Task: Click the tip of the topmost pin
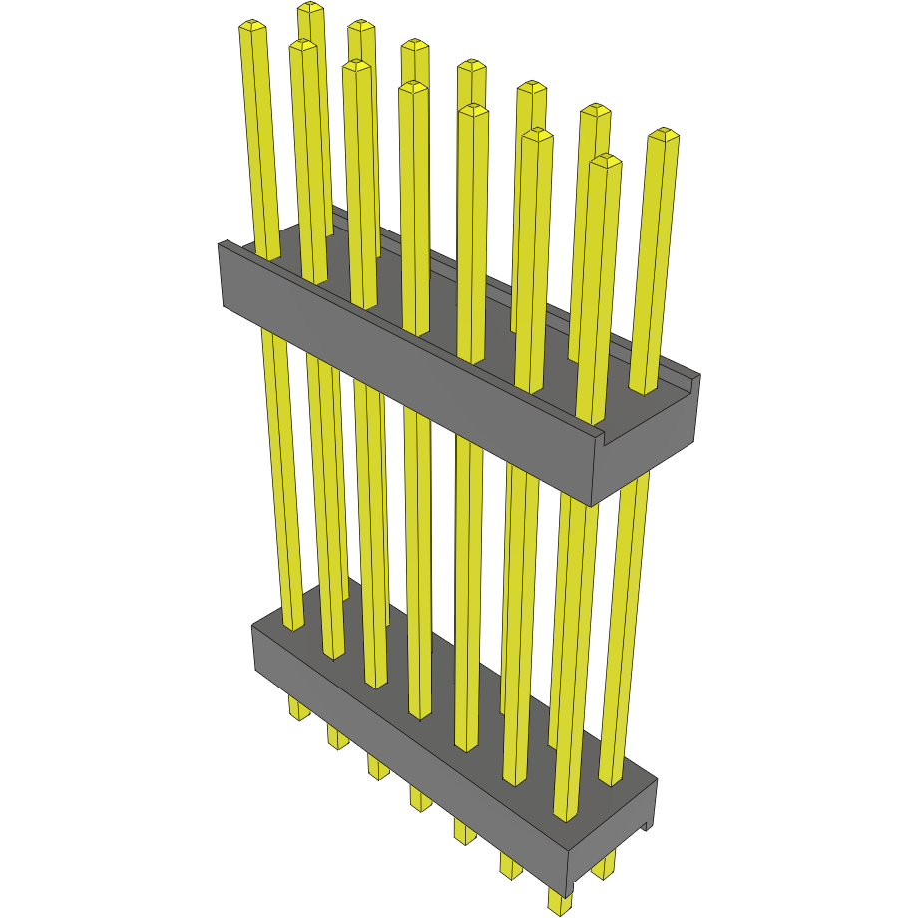click(x=310, y=9)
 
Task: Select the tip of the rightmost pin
click(x=664, y=134)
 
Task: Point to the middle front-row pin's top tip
click(x=412, y=88)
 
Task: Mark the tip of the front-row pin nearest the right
click(x=605, y=159)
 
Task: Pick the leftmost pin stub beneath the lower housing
click(x=297, y=709)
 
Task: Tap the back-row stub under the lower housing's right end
click(x=602, y=868)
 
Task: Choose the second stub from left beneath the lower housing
click(x=337, y=737)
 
